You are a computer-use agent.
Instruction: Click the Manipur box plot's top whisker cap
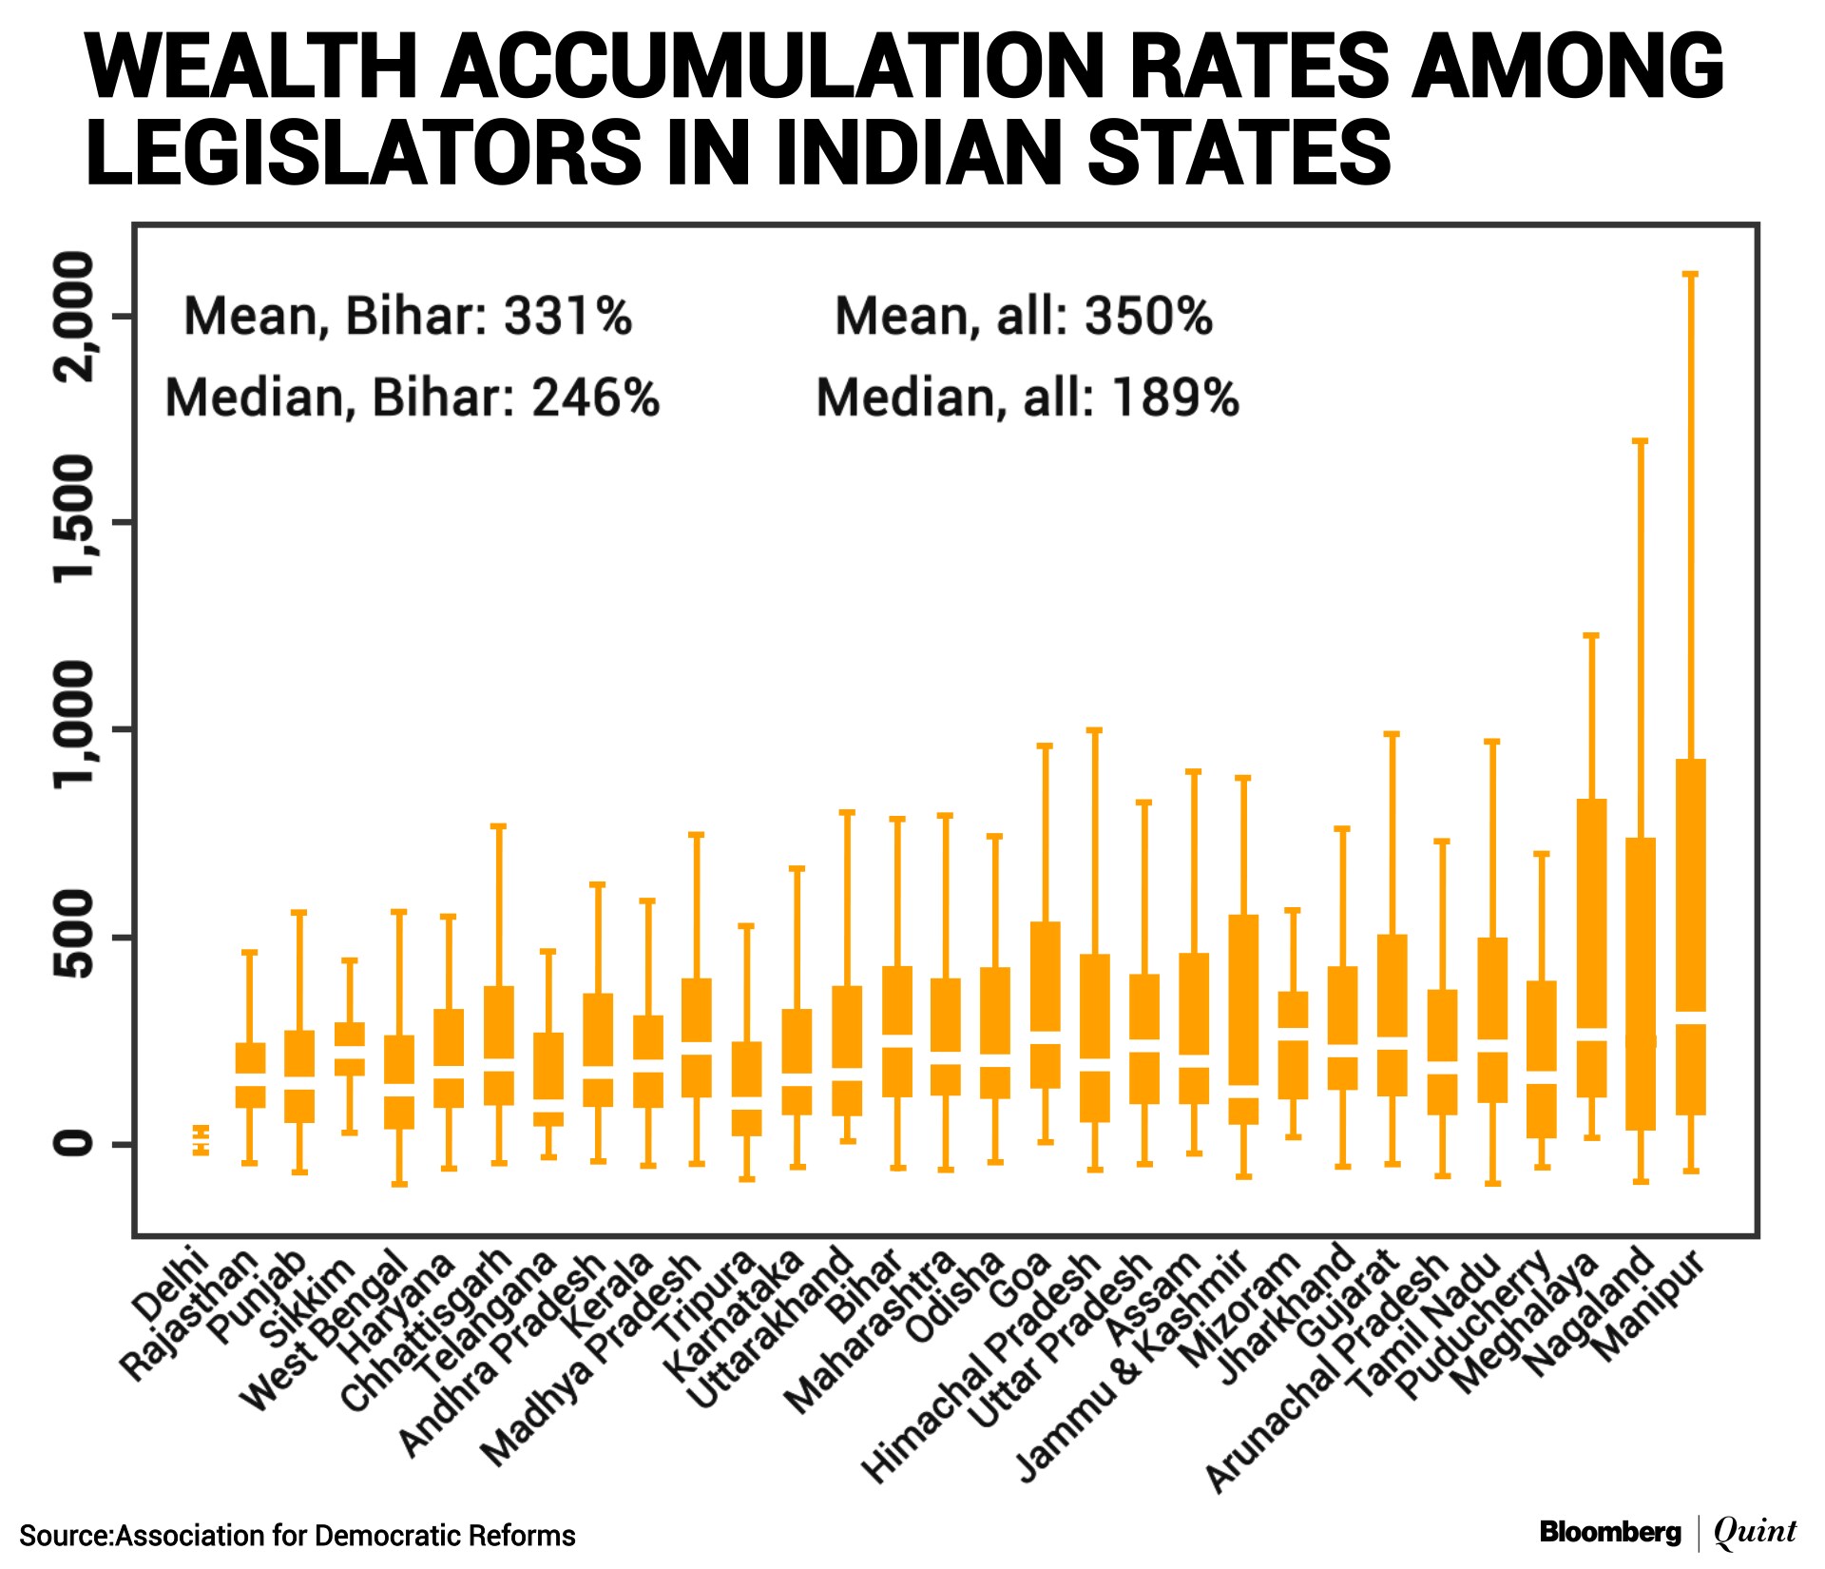point(1690,274)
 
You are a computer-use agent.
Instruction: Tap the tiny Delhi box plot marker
point(201,1139)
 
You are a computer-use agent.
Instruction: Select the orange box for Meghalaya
point(1591,913)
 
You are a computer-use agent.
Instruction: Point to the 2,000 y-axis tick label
point(75,316)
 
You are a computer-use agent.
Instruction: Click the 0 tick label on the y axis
point(75,1144)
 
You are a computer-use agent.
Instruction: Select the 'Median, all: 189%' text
point(1028,397)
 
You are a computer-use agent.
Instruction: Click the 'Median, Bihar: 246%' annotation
point(412,397)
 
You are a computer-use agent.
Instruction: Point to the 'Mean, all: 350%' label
point(1024,316)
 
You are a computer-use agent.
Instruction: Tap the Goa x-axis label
point(1020,1279)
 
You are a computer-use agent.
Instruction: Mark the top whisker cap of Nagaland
point(1640,441)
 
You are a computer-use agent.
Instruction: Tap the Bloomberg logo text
point(1610,1532)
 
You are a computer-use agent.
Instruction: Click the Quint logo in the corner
point(1755,1532)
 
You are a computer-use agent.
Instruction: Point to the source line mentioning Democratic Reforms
point(298,1536)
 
